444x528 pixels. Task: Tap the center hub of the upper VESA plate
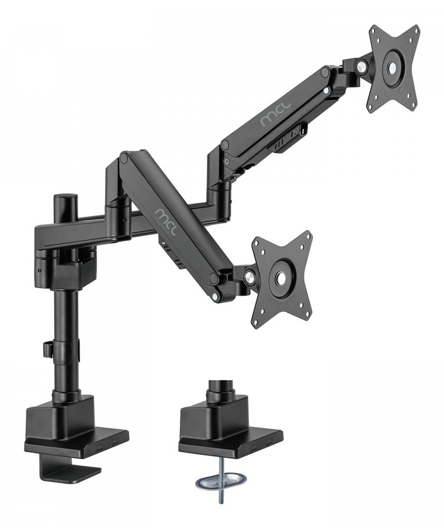[392, 67]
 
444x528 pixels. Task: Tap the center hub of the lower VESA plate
[281, 278]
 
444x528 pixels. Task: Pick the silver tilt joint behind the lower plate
[250, 276]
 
